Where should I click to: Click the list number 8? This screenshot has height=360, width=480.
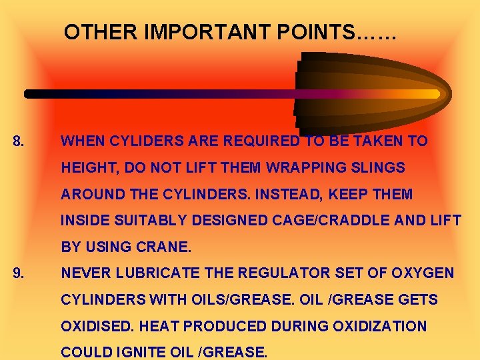[x=19, y=141]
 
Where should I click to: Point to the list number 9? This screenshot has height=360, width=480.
[x=19, y=273]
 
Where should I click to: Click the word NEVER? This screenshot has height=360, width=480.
[x=85, y=273]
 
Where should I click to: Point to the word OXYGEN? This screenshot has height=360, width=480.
[x=425, y=273]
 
